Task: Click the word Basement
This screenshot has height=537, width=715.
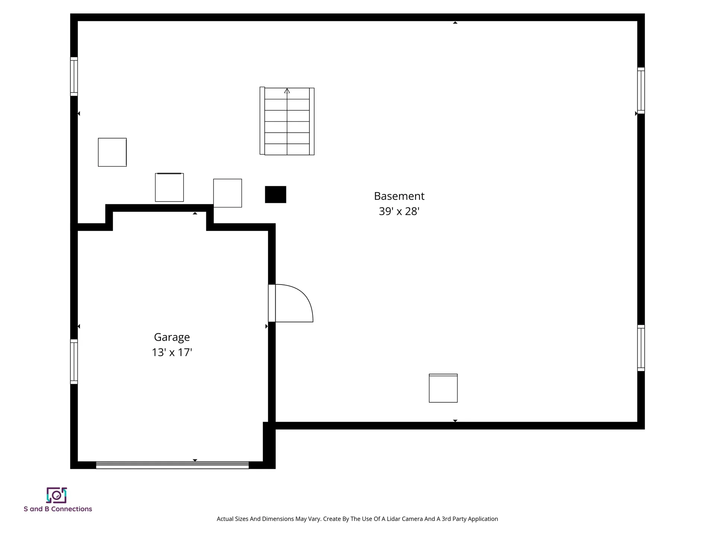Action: [x=399, y=196]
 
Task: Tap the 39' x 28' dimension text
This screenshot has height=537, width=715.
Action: [x=399, y=211]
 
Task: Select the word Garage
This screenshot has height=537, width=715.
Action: [x=172, y=337]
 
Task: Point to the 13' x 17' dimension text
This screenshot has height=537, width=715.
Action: [x=172, y=352]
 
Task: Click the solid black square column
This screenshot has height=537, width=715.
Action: [x=276, y=195]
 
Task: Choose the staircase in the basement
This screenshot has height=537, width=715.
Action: [x=287, y=121]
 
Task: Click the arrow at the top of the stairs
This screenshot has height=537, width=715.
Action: [x=287, y=91]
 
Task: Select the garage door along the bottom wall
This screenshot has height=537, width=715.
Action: [x=172, y=465]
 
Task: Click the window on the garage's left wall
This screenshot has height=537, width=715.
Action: [x=74, y=361]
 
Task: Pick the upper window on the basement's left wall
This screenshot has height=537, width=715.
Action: [x=74, y=76]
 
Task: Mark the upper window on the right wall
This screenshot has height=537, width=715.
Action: [x=641, y=91]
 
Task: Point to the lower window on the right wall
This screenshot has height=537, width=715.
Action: [x=641, y=348]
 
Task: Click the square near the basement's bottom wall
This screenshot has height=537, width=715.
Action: [x=443, y=388]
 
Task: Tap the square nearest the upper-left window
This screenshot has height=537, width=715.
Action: [x=112, y=152]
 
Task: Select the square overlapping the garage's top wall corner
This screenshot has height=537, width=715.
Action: [x=228, y=193]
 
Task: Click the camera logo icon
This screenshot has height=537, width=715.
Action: [x=57, y=495]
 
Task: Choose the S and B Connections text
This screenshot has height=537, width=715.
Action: [x=58, y=509]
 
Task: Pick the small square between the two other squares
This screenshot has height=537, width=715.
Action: [x=169, y=187]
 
